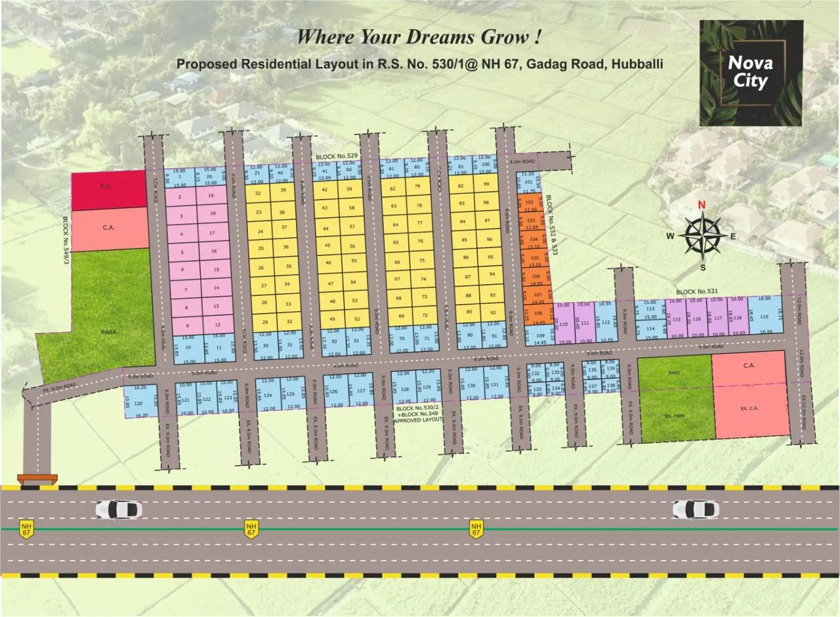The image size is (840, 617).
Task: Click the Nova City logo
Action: point(751,72)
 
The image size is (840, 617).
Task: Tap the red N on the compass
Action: point(702,205)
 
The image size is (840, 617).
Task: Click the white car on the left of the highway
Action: point(119,509)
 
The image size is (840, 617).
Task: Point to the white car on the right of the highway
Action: point(696,509)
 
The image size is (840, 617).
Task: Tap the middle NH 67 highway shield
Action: point(251,528)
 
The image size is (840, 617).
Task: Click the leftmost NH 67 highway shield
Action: point(26,528)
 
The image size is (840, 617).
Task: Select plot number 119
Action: point(764,317)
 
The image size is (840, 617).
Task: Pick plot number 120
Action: point(138,404)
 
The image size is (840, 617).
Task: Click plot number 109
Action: point(541,335)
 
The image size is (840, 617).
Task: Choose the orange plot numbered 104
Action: point(533,240)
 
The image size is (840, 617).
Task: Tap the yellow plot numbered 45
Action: point(327,245)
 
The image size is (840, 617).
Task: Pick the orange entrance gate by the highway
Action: point(37,480)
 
